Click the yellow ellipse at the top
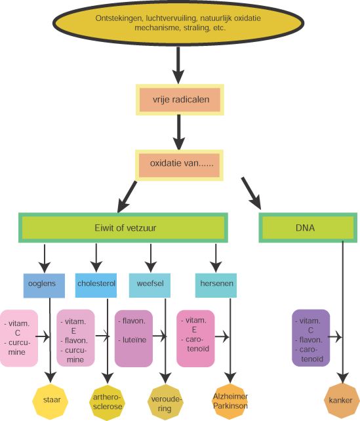178,23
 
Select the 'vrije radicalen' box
180,100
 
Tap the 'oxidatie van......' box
179,165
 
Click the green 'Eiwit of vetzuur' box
123,228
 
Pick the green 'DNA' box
308,228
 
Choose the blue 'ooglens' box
44,286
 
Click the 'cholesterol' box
96,285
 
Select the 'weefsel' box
150,285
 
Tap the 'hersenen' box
216,285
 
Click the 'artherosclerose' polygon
108,402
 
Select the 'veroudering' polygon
165,402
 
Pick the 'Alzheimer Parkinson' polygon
230,402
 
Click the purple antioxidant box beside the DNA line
311,338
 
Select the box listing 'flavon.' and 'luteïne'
134,338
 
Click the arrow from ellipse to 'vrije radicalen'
178,65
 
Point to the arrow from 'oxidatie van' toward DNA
251,193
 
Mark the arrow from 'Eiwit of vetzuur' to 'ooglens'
45,258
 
